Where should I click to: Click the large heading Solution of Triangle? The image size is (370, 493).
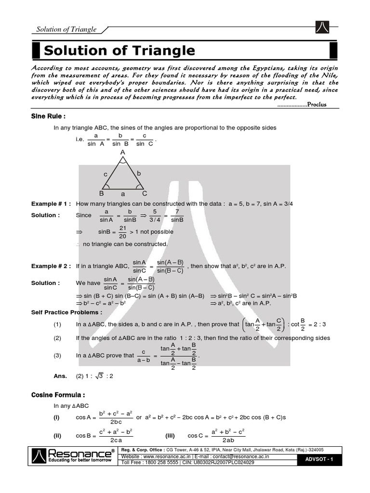tap(119, 51)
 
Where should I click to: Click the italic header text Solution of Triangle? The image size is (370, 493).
tap(66, 29)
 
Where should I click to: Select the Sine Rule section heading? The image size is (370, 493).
tap(48, 116)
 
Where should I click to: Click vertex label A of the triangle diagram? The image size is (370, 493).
tap(123, 152)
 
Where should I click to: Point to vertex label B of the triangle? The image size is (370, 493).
tap(102, 194)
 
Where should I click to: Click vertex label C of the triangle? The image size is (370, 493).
tap(144, 194)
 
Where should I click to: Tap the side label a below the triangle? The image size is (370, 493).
tap(123, 194)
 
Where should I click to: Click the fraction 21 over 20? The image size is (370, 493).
tap(122, 232)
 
